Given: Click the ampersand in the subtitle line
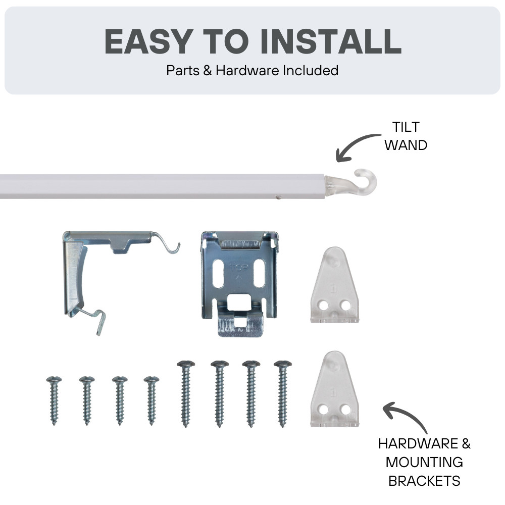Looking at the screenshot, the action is tap(208, 71).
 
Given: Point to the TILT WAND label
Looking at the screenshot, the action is tap(406, 136).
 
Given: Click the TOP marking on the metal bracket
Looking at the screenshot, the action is tap(239, 268).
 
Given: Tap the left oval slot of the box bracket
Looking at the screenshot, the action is tap(218, 274).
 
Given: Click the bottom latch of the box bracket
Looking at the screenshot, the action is tap(240, 324).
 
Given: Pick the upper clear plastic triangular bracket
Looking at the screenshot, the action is tap(334, 285).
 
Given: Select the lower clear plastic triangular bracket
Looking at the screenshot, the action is tap(334, 389).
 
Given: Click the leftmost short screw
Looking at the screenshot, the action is tap(54, 400).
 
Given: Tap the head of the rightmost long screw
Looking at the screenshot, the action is tap(283, 365).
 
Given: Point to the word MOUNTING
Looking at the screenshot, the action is tap(424, 462).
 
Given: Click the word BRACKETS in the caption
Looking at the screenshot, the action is tap(424, 481).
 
